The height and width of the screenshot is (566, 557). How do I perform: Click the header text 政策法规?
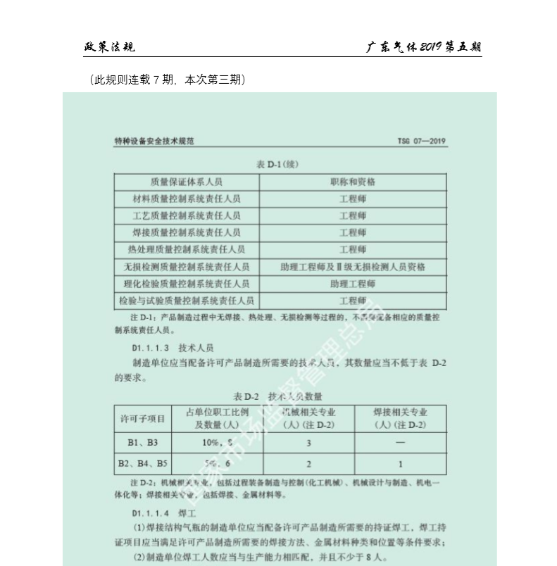(109, 47)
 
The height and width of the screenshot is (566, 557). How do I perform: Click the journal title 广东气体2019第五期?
(424, 47)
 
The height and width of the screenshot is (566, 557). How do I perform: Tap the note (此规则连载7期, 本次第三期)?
(168, 80)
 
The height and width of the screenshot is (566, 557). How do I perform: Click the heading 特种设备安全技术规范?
(154, 141)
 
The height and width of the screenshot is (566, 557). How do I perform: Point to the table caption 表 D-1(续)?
(280, 165)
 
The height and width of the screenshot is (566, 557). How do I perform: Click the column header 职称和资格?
(353, 182)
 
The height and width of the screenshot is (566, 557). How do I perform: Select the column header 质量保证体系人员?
(187, 182)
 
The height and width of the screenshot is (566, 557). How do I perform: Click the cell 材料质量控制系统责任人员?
(187, 199)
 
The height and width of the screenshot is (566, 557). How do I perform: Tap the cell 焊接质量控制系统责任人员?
(187, 232)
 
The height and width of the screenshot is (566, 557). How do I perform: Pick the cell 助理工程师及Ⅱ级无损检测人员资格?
(353, 267)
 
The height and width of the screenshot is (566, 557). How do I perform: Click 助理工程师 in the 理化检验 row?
(353, 284)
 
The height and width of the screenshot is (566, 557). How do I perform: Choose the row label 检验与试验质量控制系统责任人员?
(187, 301)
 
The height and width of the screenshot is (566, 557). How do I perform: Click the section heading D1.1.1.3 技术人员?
(173, 348)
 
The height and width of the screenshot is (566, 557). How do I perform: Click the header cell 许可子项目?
(144, 419)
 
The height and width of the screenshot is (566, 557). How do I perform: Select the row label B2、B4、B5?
(144, 463)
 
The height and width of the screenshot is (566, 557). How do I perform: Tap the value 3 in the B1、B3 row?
(308, 443)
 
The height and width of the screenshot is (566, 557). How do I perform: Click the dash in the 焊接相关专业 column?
(400, 443)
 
